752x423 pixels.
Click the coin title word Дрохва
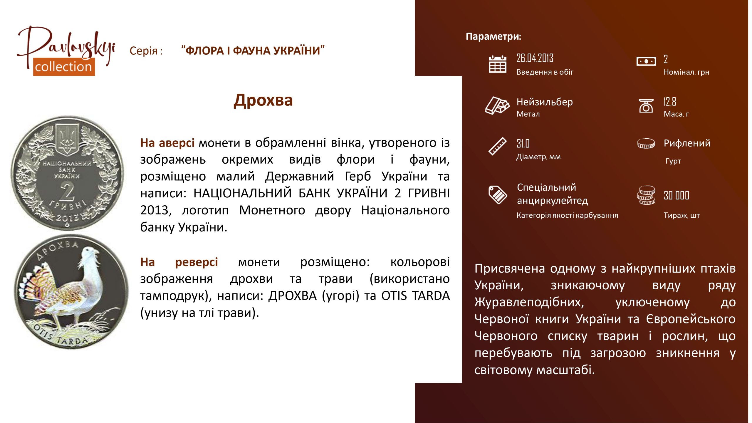pos(263,100)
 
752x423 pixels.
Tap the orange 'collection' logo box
pos(64,67)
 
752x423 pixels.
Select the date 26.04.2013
pos(535,58)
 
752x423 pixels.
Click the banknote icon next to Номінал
pos(646,61)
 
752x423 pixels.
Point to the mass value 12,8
pos(670,102)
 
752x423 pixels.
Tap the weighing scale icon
pos(646,106)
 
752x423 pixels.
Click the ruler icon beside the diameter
pos(497,146)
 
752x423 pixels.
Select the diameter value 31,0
pos(523,144)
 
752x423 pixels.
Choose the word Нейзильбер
pos(545,102)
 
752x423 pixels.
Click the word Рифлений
pos(687,143)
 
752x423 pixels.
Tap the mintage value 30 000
pos(676,195)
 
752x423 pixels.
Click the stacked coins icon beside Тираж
pos(646,195)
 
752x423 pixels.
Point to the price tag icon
pos(497,195)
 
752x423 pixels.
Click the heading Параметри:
pos(493,36)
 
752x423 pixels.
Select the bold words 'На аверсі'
pos(167,143)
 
